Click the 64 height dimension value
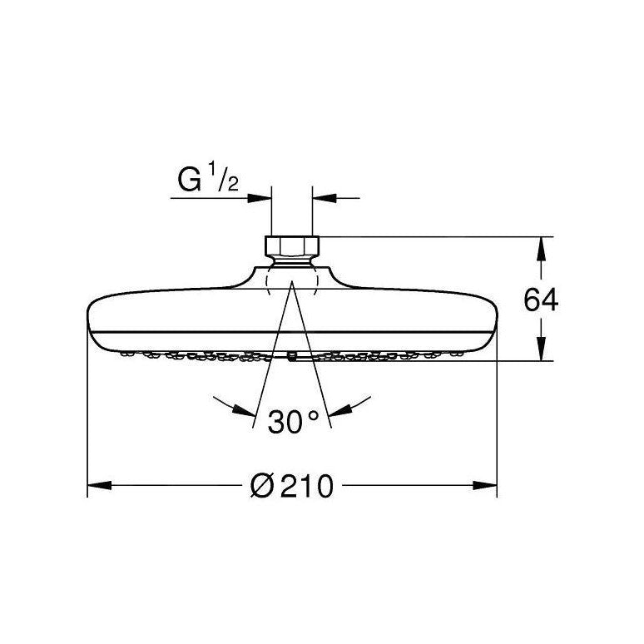pos(541,300)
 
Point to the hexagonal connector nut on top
pos(291,246)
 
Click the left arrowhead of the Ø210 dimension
pos(98,484)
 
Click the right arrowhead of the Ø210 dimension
pos(486,484)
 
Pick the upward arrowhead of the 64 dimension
pos(541,247)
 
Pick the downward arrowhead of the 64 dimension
pos(541,352)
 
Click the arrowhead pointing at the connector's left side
pos(262,199)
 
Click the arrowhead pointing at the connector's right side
pos(322,199)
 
